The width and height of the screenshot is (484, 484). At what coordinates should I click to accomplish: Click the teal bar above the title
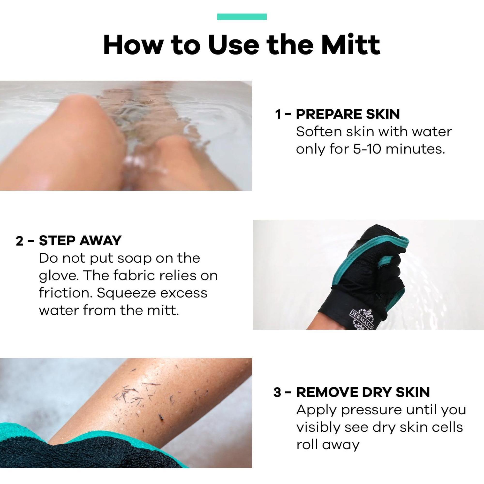pos(242,17)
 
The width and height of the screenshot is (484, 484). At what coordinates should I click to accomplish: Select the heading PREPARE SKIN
pos(348,114)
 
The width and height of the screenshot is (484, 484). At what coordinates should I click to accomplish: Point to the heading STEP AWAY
pos(80,241)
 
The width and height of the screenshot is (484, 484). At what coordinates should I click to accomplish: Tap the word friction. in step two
pos(65,293)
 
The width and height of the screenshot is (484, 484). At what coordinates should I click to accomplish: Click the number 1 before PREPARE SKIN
pos(278,115)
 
